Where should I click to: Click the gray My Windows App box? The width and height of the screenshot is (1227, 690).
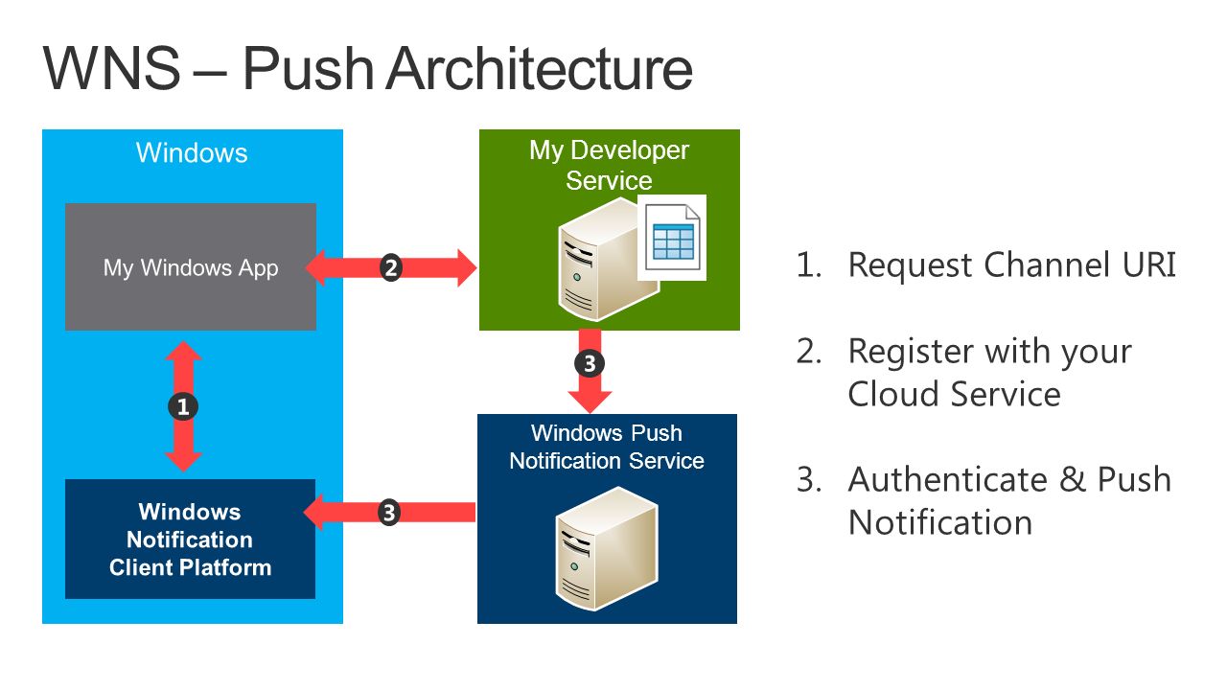point(191,266)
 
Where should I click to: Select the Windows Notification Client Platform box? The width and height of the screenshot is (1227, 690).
point(190,539)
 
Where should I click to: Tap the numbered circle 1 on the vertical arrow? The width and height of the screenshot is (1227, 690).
point(183,407)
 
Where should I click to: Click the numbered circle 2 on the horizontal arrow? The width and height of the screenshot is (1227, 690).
point(391,267)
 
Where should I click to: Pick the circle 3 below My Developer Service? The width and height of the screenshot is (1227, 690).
point(590,363)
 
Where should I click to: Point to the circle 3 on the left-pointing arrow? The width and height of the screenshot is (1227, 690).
point(389,513)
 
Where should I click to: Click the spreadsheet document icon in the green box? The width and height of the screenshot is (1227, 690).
point(672,238)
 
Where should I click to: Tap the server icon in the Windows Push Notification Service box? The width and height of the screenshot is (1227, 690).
point(607,549)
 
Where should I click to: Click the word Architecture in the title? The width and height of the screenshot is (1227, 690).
point(539,69)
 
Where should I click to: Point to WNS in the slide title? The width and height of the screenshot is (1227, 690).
point(112,69)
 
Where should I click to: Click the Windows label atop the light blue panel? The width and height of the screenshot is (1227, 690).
point(192,152)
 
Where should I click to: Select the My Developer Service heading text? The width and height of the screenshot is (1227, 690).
point(609,165)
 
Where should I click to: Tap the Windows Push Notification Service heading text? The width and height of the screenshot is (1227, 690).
point(607,447)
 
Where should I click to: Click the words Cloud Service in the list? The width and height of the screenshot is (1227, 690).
point(954,394)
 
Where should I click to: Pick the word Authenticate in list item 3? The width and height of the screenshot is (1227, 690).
point(948,480)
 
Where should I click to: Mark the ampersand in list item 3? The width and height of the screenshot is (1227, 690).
point(1072,480)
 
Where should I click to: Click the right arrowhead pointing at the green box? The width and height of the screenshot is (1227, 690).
point(467,267)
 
